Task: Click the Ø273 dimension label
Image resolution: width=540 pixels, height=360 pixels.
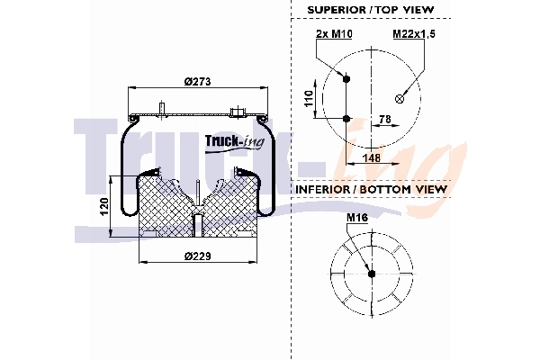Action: pyautogui.click(x=196, y=82)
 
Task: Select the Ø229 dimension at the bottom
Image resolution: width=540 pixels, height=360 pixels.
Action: pyautogui.click(x=196, y=256)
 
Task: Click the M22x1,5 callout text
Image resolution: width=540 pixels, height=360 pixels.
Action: pyautogui.click(x=413, y=34)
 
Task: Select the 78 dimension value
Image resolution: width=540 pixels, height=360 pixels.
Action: pyautogui.click(x=383, y=118)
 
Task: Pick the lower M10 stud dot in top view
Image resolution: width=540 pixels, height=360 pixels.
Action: pyautogui.click(x=347, y=119)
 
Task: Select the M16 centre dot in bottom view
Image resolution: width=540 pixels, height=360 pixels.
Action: pyautogui.click(x=371, y=274)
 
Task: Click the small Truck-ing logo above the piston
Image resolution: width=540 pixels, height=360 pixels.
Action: pyautogui.click(x=229, y=140)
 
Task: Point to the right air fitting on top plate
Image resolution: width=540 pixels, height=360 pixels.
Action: pyautogui.click(x=238, y=112)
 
